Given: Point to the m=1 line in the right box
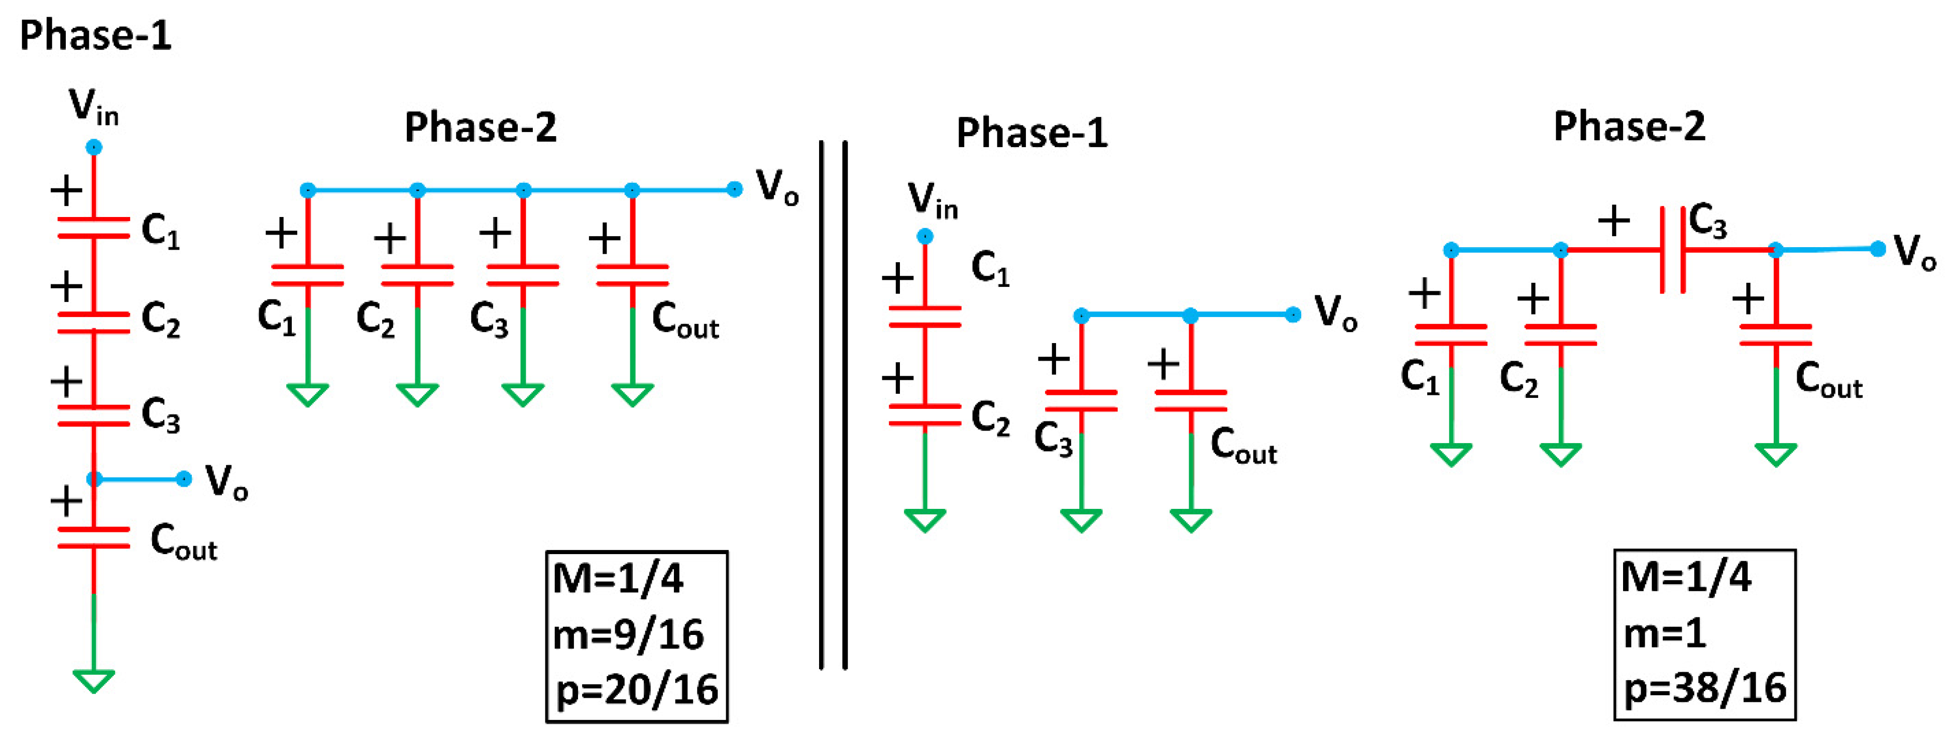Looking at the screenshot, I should click(x=1665, y=632).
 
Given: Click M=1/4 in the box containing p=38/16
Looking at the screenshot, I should click(x=1685, y=577).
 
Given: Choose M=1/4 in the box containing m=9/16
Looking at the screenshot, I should click(x=618, y=579).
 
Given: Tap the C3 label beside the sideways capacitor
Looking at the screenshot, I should click(x=1707, y=222).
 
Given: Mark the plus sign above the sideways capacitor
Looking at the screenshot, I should click(x=1614, y=221).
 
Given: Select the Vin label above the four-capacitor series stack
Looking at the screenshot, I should click(x=93, y=105).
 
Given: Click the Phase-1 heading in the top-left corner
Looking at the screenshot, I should click(x=95, y=36).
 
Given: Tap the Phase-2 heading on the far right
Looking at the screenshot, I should click(x=1630, y=126).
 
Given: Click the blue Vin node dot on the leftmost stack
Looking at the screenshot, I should click(x=93, y=147).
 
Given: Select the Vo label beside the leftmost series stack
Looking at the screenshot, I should click(x=226, y=481).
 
